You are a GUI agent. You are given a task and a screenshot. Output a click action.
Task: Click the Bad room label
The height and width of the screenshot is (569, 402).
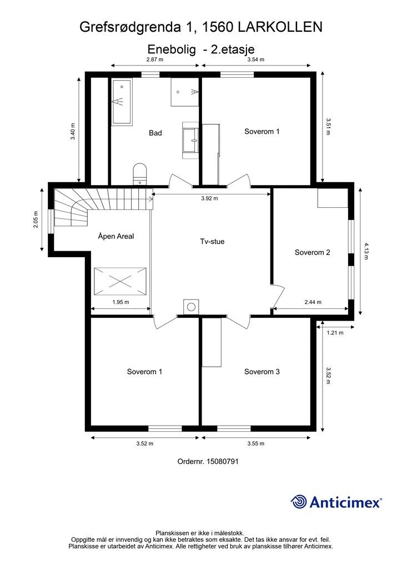pyautogui.click(x=155, y=133)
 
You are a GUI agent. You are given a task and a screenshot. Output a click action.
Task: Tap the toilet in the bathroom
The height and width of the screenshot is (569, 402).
pyautogui.click(x=140, y=174)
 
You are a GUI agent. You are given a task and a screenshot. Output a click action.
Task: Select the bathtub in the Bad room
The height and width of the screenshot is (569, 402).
pyautogui.click(x=122, y=102)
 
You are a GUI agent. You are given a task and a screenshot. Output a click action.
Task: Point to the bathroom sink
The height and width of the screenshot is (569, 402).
pyautogui.click(x=190, y=140)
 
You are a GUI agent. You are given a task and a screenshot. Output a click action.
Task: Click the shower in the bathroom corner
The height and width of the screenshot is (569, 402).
pyautogui.click(x=185, y=92)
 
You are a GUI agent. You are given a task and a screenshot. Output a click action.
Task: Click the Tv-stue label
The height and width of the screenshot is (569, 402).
pyautogui.click(x=212, y=242)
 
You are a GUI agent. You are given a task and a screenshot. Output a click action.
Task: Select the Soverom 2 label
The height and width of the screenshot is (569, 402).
pyautogui.click(x=313, y=253)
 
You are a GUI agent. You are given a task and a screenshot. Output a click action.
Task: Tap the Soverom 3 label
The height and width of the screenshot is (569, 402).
pyautogui.click(x=262, y=372)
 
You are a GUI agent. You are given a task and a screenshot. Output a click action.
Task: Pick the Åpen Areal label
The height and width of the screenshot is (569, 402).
pyautogui.click(x=116, y=236)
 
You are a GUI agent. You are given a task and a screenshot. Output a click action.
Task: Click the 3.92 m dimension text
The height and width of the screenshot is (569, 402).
pyautogui.click(x=210, y=198)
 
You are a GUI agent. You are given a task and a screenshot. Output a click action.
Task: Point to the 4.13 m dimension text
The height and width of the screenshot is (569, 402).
pyautogui.click(x=366, y=251)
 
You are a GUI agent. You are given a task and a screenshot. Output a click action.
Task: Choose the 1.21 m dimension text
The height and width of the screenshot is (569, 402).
pyautogui.click(x=335, y=332)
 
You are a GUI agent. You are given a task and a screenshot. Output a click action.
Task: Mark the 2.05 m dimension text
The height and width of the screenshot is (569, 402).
pyautogui.click(x=36, y=219)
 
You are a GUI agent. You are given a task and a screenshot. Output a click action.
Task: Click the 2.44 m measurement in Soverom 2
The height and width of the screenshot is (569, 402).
pyautogui.click(x=313, y=302)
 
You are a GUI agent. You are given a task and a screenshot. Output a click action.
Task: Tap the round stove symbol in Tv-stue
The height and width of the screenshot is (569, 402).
pyautogui.click(x=191, y=307)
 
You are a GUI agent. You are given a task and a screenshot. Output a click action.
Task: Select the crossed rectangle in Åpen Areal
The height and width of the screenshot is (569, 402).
pyautogui.click(x=120, y=281)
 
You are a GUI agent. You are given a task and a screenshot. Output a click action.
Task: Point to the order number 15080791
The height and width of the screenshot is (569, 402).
pyautogui.click(x=222, y=462)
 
